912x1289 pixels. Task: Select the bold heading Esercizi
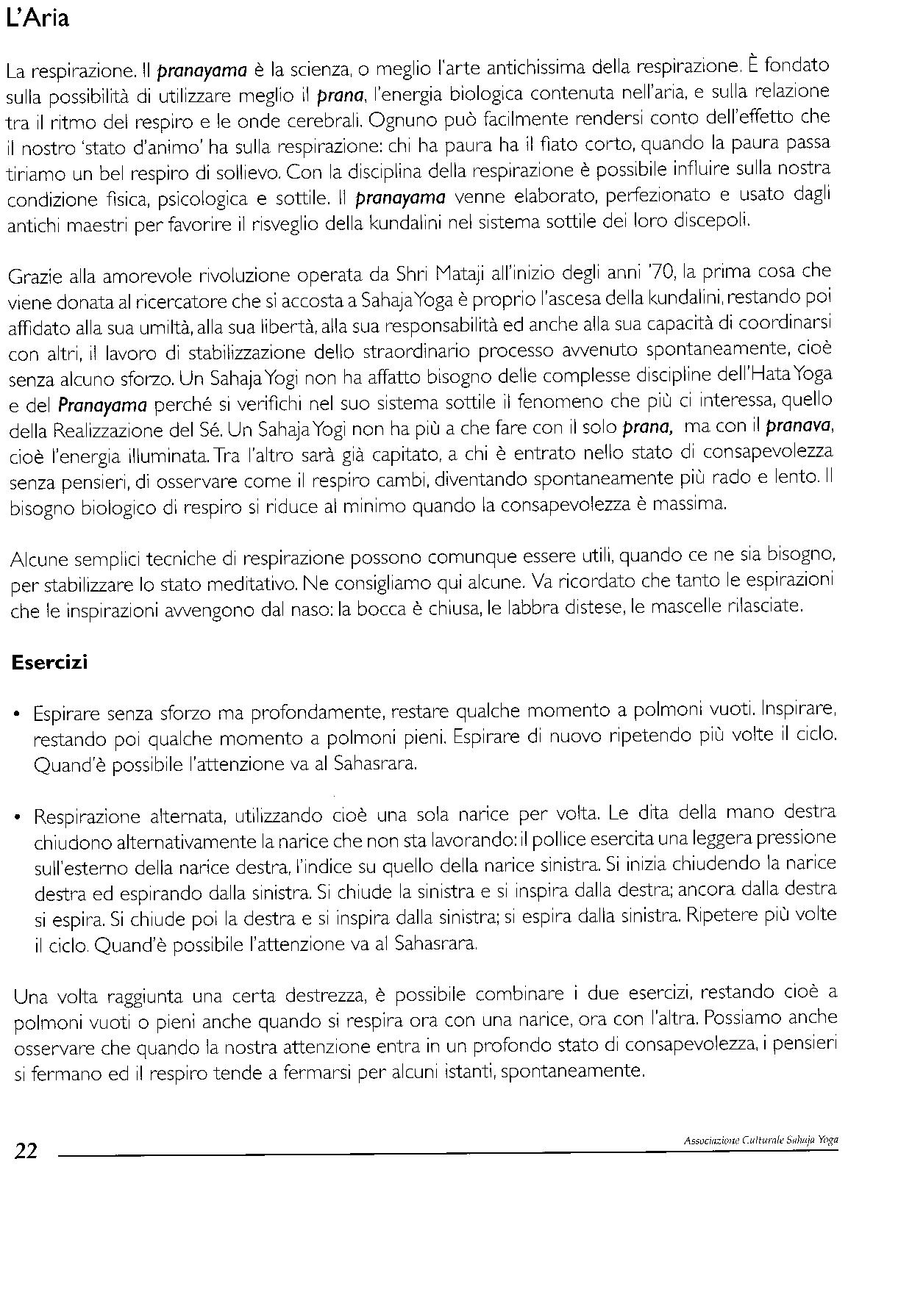49,662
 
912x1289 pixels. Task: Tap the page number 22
26,1151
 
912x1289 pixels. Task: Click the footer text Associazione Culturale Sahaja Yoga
760,1141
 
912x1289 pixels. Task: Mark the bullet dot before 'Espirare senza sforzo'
18,714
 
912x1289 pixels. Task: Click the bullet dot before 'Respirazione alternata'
18,817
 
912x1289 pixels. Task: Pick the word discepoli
716,220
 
